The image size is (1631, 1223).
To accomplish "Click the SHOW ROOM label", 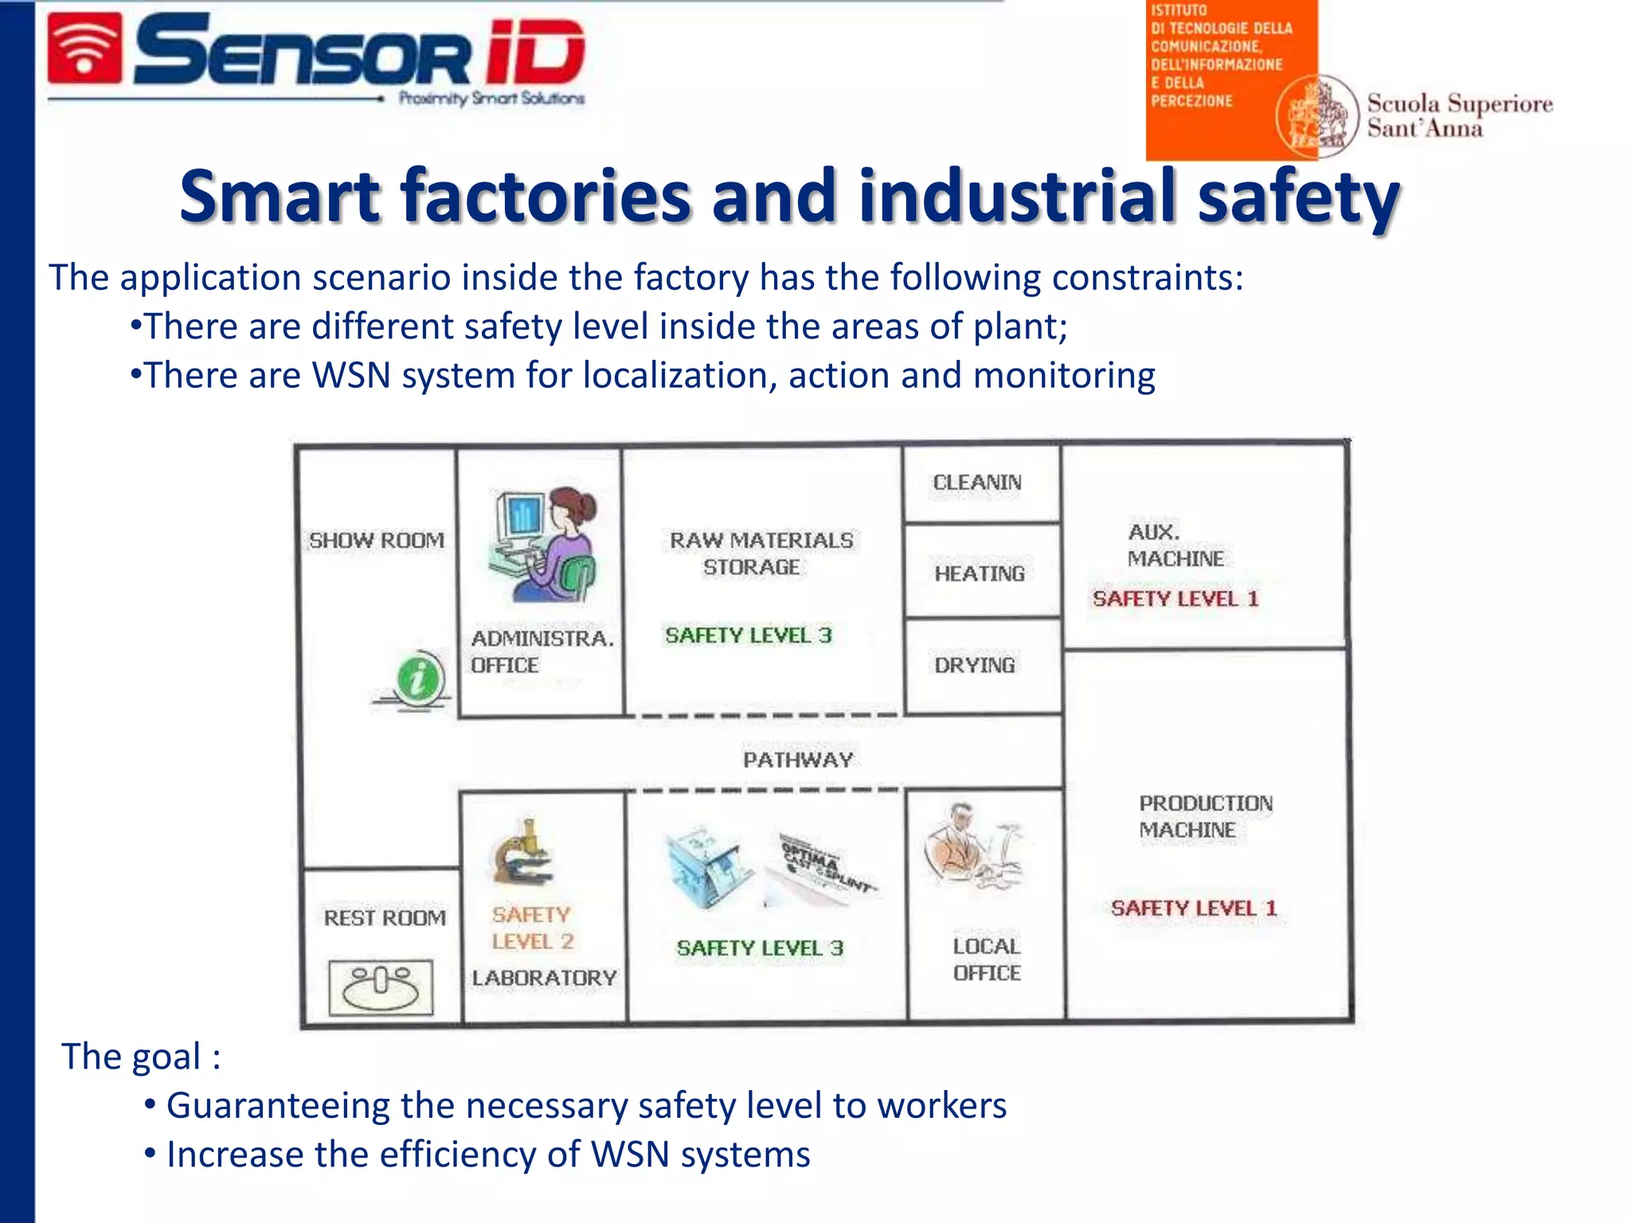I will (x=377, y=541).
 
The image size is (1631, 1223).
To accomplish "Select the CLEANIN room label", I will (x=977, y=483).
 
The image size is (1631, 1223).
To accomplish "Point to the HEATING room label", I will (x=980, y=573).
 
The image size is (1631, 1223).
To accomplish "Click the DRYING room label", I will (x=975, y=665).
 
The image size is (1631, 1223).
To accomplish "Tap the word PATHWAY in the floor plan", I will (x=798, y=760).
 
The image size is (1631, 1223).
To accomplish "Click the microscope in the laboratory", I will (x=522, y=854).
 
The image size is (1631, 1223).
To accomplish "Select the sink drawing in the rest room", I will (x=381, y=987).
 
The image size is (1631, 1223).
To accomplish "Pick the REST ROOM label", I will (x=385, y=918).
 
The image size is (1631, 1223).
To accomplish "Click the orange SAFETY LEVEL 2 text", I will (x=532, y=928).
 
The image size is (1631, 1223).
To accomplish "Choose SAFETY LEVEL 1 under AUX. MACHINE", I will (x=1175, y=599).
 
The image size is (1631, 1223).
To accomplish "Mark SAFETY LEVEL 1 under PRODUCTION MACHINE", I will (x=1194, y=908).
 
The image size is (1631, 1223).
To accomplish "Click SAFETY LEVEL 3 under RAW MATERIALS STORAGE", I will (x=749, y=635).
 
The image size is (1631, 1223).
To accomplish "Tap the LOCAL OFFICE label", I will (x=987, y=959).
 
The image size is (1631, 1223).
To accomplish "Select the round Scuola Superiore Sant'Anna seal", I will (x=1316, y=116).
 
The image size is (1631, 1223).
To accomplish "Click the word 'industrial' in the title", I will (x=1017, y=197).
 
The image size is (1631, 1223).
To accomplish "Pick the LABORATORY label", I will (x=544, y=978).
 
